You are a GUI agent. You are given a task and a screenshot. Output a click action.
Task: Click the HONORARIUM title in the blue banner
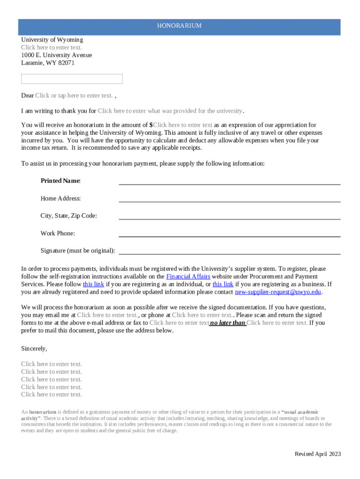tap(179, 26)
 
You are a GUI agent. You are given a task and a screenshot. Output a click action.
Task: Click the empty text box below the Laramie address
tap(72, 79)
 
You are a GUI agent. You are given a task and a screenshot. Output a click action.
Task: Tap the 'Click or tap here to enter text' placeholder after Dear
tap(74, 95)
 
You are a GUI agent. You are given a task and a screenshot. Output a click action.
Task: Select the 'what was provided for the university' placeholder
tap(170, 111)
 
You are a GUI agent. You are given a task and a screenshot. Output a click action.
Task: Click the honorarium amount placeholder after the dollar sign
tap(183, 125)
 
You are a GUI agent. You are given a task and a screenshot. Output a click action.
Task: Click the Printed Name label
tap(60, 181)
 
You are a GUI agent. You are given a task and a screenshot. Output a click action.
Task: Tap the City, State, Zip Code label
tap(69, 216)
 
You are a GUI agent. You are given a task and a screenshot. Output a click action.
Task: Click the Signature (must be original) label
tap(78, 251)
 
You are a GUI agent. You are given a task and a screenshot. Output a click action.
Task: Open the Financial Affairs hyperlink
tap(188, 276)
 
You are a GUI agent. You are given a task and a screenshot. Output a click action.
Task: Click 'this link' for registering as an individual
tap(93, 284)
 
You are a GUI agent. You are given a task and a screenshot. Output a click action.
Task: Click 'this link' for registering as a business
tap(223, 284)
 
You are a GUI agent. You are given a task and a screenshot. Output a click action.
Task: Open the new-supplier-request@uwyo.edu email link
tap(278, 292)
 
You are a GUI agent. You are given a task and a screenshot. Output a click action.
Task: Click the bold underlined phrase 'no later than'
tap(228, 323)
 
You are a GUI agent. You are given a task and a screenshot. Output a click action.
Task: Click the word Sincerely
tap(34, 348)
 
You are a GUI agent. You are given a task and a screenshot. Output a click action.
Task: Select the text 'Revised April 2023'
tap(317, 454)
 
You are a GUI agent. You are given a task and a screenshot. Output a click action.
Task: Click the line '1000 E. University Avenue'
tap(57, 55)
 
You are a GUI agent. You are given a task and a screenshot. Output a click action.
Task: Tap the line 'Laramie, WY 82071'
tap(48, 63)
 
